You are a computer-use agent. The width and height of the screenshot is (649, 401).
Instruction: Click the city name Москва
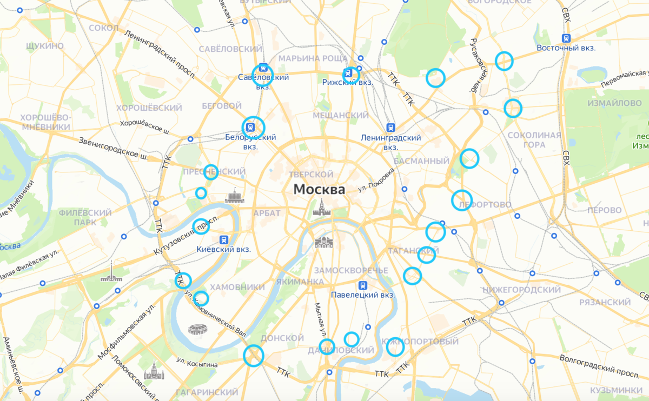point(319,190)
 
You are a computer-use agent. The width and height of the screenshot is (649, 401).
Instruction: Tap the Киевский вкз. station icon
point(224,239)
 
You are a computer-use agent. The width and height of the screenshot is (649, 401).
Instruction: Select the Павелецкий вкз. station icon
point(362,285)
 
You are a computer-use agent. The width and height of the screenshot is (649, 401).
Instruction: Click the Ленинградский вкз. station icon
point(390,128)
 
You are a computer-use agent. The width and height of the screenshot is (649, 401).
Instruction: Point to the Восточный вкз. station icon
point(566,38)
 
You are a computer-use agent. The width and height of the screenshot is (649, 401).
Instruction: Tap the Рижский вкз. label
point(347,83)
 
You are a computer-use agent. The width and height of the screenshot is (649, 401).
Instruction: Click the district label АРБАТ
point(267,213)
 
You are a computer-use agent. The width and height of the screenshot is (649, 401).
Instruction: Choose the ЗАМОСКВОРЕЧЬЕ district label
point(350,270)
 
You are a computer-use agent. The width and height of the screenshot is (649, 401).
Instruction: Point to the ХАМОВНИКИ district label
point(237,287)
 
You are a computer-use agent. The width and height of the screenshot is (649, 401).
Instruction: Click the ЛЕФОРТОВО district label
point(484,205)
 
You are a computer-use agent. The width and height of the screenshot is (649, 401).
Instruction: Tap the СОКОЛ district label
point(103,28)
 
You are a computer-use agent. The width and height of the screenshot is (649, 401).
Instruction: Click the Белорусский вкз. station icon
point(250,127)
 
